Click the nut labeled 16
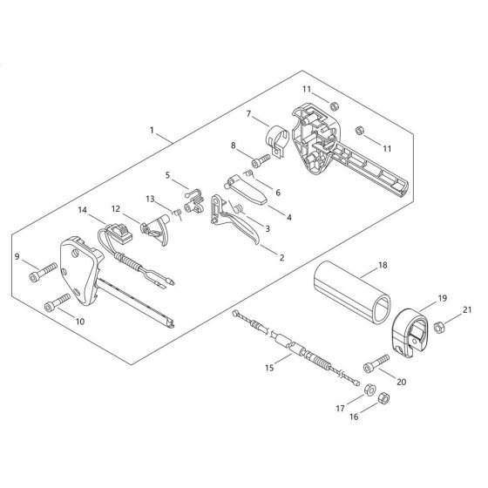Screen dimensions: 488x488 click(x=385, y=398)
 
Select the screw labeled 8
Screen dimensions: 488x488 click(x=259, y=162)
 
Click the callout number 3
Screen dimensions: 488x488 click(x=267, y=228)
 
